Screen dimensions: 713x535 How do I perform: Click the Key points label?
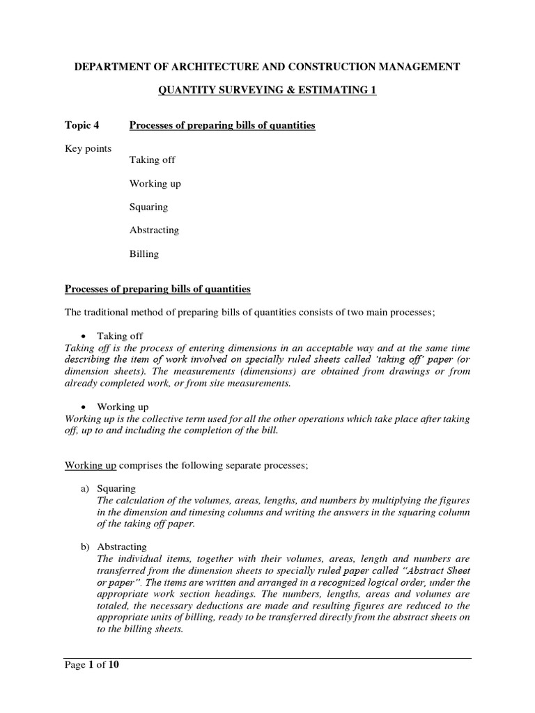[x=88, y=149]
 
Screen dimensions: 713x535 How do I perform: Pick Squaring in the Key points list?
[x=148, y=207]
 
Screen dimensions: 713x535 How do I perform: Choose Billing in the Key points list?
[x=144, y=254]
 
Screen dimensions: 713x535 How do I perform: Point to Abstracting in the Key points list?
[x=154, y=230]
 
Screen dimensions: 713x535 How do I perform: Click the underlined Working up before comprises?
[x=92, y=464]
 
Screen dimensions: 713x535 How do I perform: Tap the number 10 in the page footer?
[x=113, y=665]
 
